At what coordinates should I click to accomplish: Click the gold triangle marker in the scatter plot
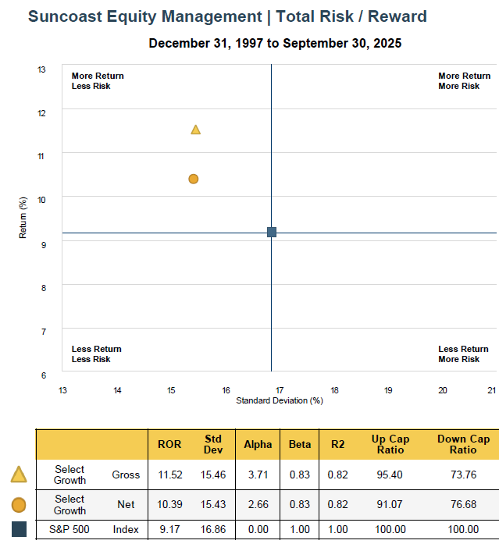click(x=195, y=130)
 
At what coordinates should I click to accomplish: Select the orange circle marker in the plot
click(x=194, y=179)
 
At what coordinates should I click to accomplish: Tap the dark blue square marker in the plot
click(x=272, y=232)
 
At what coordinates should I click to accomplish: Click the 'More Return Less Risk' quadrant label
click(x=98, y=81)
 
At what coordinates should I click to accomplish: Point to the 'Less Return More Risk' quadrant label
click(x=463, y=354)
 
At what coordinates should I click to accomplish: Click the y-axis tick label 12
click(x=41, y=113)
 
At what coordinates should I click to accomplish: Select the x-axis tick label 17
click(x=279, y=390)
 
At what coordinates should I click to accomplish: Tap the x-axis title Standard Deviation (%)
click(x=279, y=400)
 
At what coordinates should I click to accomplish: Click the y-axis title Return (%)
click(x=23, y=219)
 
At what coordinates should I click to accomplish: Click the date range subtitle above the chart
click(x=275, y=44)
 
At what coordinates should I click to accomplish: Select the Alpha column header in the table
click(x=258, y=444)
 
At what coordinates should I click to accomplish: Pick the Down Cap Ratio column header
click(x=463, y=444)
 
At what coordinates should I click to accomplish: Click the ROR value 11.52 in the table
click(x=169, y=475)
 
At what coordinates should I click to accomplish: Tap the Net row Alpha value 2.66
click(x=258, y=505)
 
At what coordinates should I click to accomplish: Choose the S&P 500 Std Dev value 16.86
click(x=213, y=529)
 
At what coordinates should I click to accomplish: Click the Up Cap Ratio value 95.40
click(x=389, y=475)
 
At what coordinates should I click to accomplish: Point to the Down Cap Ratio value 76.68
click(x=463, y=505)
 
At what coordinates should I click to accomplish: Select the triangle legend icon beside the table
click(x=19, y=475)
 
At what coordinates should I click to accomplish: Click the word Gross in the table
click(x=126, y=475)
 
